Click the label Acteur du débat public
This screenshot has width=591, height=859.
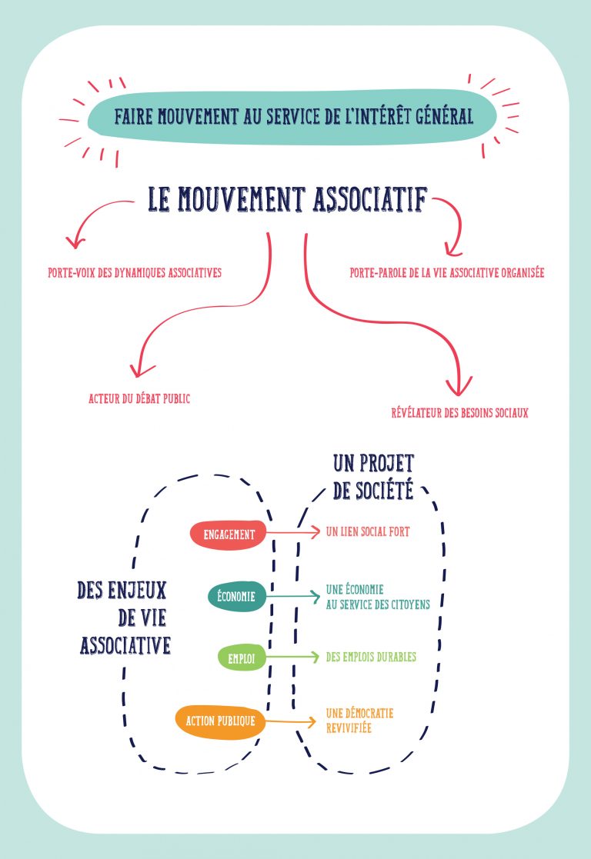pos(139,398)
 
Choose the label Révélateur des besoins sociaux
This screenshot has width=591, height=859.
pos(459,414)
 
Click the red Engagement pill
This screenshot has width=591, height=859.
pos(229,534)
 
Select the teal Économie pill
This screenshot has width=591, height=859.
pos(237,595)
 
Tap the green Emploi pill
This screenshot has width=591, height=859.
pos(241,658)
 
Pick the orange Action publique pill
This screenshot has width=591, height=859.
pos(220,721)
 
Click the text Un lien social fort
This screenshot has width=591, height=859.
pos(367,531)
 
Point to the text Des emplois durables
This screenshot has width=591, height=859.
pos(371,657)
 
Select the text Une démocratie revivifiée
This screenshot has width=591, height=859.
pos(359,720)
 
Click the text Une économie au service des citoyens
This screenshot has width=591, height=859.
pos(377,598)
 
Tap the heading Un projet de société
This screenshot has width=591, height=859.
pos(373,477)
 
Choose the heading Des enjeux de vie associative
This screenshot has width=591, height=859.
pos(123,617)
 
